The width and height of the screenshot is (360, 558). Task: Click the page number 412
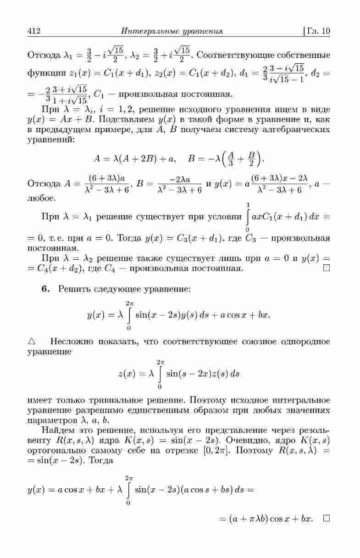[35, 32]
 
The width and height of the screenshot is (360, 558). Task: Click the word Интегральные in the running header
[147, 32]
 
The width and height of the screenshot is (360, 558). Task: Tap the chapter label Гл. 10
[318, 32]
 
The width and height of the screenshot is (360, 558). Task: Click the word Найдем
[56, 431]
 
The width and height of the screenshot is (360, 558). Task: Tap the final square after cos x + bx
[326, 519]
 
